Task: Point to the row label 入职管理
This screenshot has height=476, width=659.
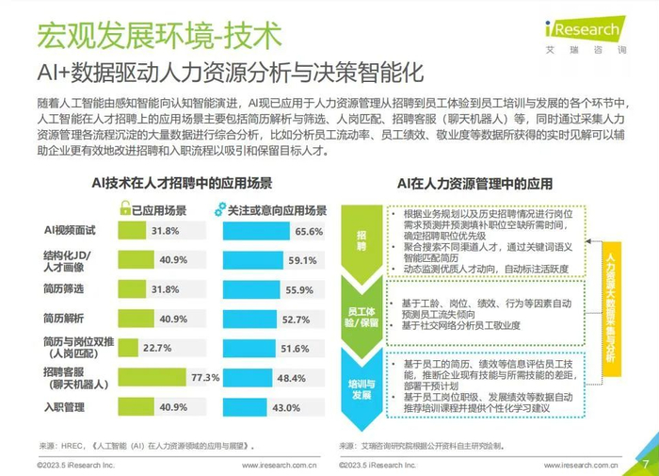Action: [65, 407]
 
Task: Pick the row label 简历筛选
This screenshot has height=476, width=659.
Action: [65, 289]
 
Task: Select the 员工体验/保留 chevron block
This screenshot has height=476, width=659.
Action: [362, 315]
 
